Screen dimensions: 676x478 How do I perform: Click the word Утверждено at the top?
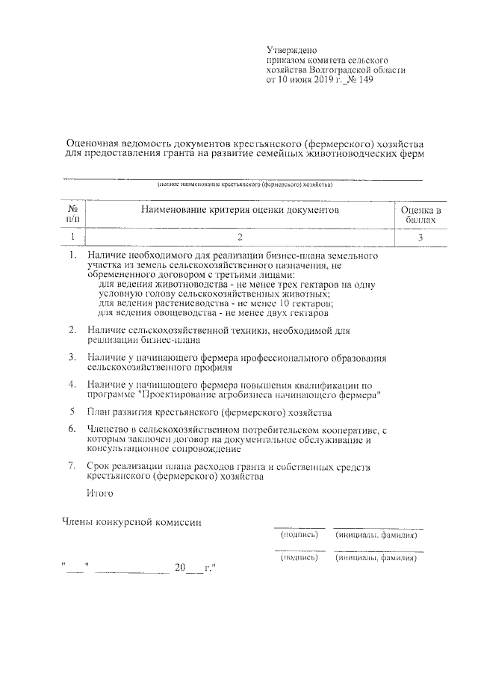coord(288,48)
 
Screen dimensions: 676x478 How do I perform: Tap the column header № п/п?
coord(72,215)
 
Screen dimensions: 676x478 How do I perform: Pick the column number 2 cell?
coord(240,238)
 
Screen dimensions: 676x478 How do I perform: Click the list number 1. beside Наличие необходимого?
coord(72,255)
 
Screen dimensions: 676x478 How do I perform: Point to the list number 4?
coord(72,384)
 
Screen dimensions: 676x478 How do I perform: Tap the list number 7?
coord(72,466)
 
